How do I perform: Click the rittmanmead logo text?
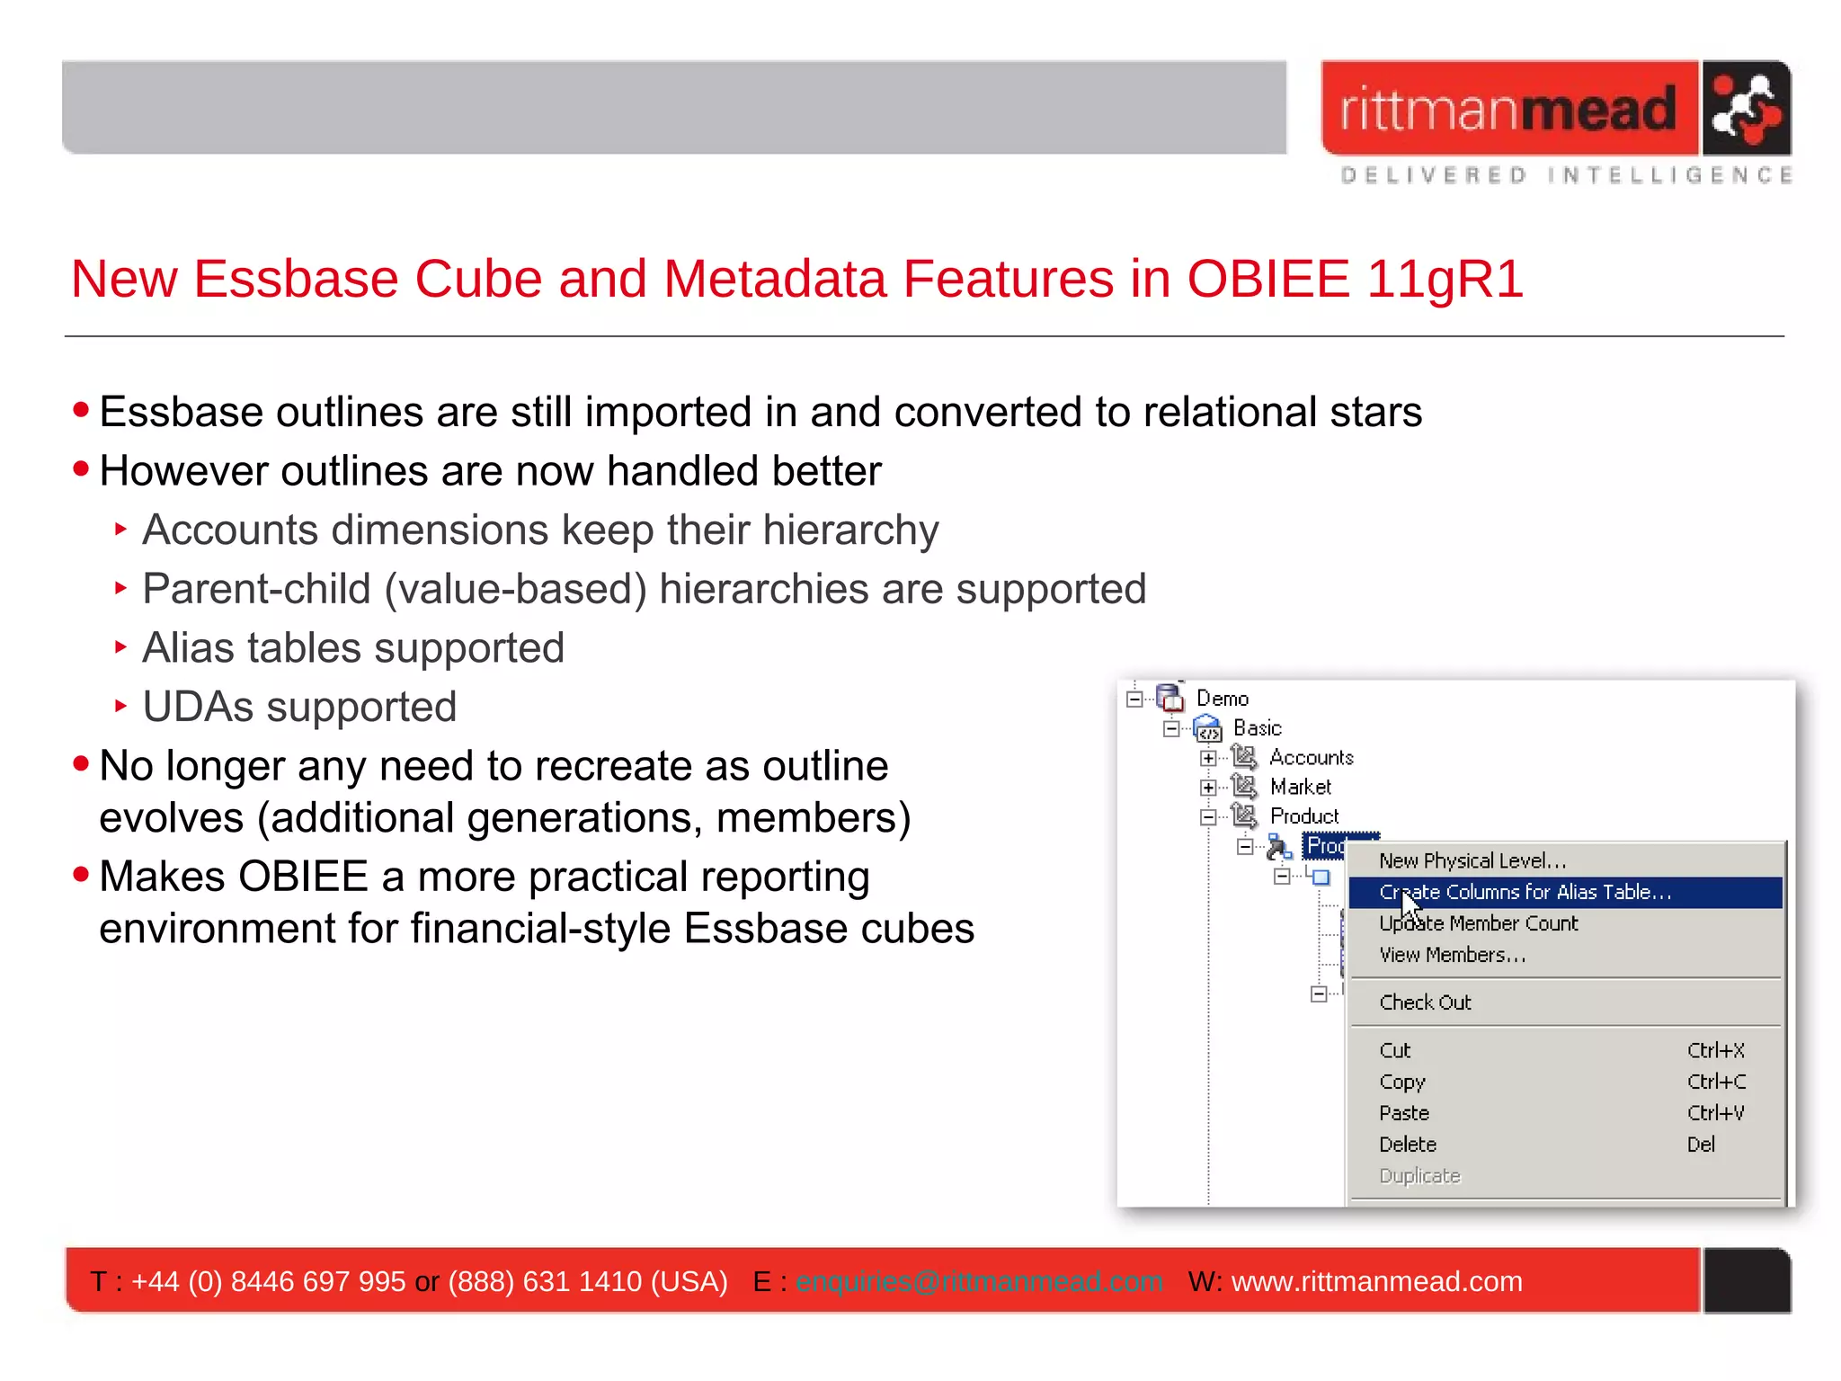[1508, 110]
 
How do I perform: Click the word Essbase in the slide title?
[296, 279]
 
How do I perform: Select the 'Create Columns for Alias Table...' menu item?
[1525, 892]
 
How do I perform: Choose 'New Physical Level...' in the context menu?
[1472, 860]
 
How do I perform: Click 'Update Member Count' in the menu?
[1478, 923]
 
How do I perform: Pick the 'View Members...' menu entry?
[1453, 955]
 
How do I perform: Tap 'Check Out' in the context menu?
[1425, 1002]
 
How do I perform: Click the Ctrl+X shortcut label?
[1715, 1050]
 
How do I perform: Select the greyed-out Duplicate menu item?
[1419, 1176]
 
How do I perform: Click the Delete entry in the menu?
[1408, 1145]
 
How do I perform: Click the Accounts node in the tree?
[1311, 758]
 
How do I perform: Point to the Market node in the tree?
[1300, 788]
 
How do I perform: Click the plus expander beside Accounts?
[1208, 759]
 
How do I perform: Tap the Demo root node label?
[1222, 699]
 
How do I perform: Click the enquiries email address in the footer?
[978, 1281]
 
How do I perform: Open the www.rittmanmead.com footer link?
[1376, 1281]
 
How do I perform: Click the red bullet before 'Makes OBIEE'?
[82, 874]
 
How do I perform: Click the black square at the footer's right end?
[1747, 1280]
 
